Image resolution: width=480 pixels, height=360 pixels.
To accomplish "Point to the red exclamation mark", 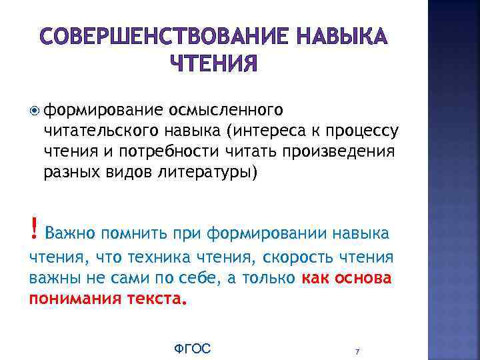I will (33, 231).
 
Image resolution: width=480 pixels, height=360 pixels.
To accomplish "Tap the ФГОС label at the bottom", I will (192, 349).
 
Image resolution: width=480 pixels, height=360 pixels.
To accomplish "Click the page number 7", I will (358, 351).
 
